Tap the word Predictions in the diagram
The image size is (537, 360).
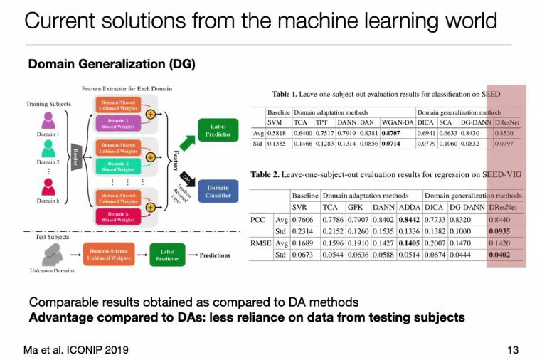(x=215, y=255)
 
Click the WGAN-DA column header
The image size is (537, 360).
(x=395, y=122)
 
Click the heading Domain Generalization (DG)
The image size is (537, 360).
(x=112, y=64)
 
